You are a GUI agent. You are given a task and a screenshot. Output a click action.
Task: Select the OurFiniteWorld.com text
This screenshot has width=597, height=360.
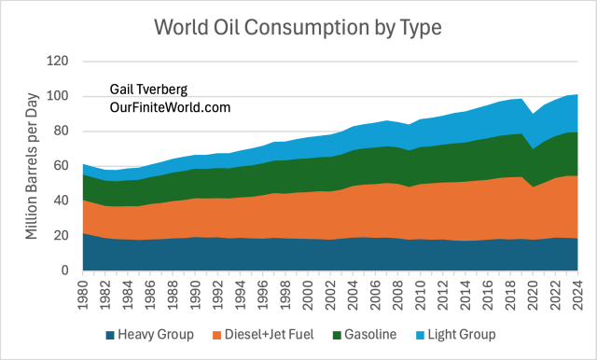click(x=169, y=108)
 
